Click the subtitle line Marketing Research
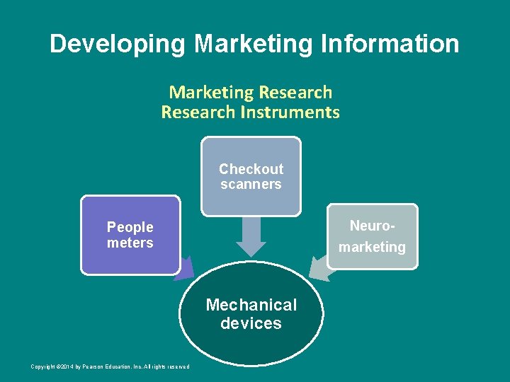point(250,93)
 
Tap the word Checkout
point(251,169)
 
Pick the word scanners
point(251,185)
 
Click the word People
point(130,227)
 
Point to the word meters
point(130,243)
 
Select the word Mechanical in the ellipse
point(251,306)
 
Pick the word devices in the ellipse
point(251,324)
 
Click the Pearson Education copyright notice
point(110,366)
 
